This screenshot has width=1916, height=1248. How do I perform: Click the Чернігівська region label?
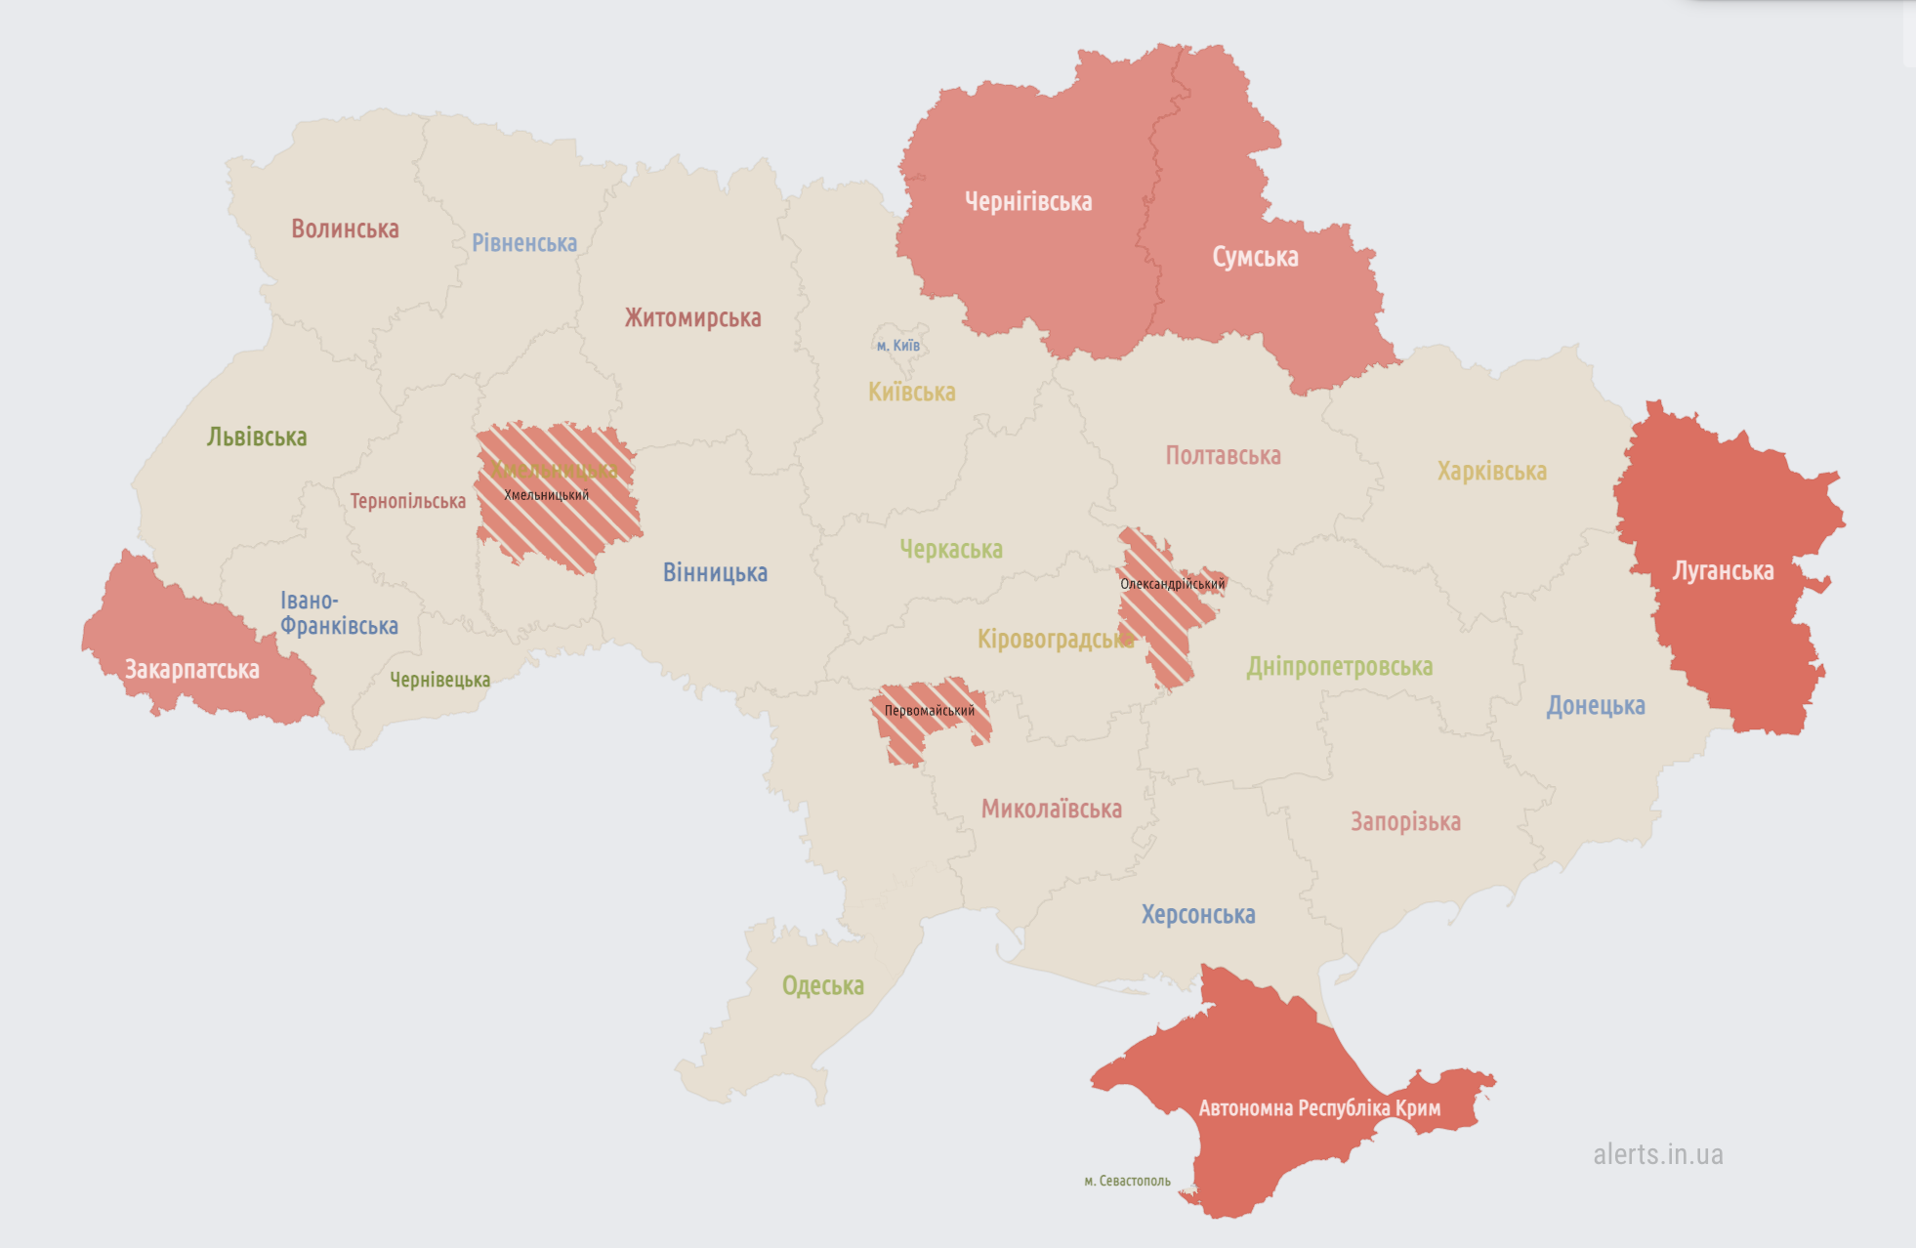coord(1028,202)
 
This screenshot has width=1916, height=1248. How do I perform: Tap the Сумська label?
coord(1255,257)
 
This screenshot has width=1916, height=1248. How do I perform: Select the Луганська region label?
coord(1723,571)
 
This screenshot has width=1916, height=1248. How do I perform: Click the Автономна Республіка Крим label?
coord(1319,1108)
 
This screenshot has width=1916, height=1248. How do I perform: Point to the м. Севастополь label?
coord(1127,1182)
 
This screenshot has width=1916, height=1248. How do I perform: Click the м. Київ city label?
coord(898,346)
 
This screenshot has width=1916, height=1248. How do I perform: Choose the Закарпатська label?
coord(192,670)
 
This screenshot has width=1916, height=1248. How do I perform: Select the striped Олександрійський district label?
coord(1172,584)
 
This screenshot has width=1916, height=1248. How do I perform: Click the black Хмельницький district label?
coord(546,495)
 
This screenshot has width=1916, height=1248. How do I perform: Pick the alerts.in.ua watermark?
coord(1657,1154)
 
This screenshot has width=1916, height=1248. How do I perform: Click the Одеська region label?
coord(822,986)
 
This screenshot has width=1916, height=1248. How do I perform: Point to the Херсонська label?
coord(1198,915)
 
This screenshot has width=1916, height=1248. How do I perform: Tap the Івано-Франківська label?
coord(338,613)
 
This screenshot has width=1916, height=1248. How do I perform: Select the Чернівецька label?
coord(439,680)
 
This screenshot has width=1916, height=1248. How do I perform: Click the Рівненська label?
coord(524,243)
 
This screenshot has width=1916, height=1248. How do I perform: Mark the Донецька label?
coord(1595,706)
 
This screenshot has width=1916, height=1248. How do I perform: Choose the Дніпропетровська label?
coord(1339,667)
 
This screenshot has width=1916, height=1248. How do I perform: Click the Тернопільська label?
coord(407,502)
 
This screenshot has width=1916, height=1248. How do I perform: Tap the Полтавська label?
coord(1223,456)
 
